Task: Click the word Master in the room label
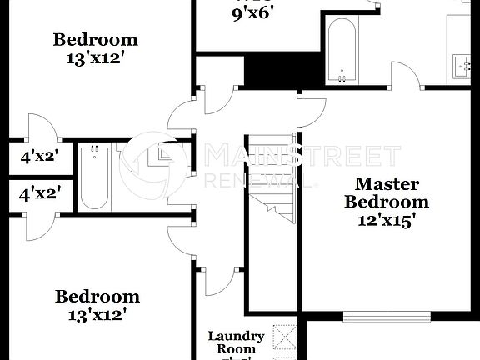(x=387, y=183)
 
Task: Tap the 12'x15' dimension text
(x=387, y=220)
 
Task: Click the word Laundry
(x=236, y=337)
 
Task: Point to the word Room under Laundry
(x=236, y=349)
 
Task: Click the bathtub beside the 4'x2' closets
(x=94, y=177)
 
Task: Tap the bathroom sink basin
(x=462, y=64)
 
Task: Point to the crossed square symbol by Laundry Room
(x=286, y=338)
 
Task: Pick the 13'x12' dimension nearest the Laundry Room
(x=97, y=314)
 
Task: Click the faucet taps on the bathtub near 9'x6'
(x=342, y=79)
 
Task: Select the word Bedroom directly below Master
(x=387, y=202)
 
